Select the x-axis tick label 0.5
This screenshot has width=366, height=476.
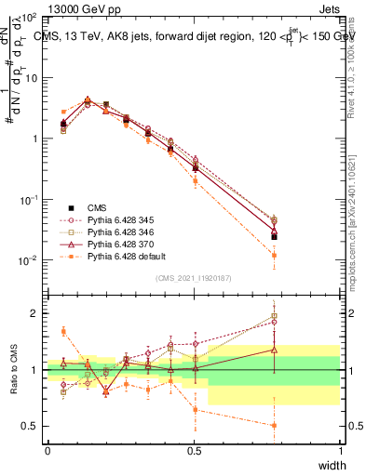click(194, 450)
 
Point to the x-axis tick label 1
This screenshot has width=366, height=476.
click(340, 450)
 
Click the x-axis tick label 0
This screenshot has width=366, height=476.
click(47, 450)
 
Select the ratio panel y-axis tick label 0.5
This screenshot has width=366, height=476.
click(31, 427)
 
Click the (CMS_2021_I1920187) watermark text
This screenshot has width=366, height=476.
click(194, 278)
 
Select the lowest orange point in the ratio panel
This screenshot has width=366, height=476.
click(274, 426)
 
